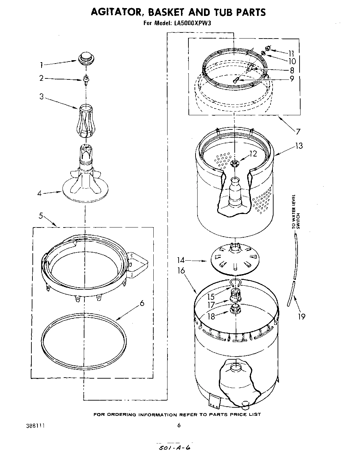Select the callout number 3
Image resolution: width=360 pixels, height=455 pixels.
click(42, 96)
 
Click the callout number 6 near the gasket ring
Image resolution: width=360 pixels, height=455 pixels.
click(142, 303)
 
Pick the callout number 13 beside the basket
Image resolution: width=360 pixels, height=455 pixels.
click(298, 146)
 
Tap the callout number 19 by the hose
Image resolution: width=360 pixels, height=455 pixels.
click(302, 316)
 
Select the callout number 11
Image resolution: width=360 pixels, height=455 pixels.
click(291, 53)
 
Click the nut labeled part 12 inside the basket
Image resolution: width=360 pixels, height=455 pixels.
click(234, 164)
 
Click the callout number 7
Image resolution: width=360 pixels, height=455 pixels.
click(298, 131)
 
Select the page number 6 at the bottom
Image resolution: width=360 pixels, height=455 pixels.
click(179, 425)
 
